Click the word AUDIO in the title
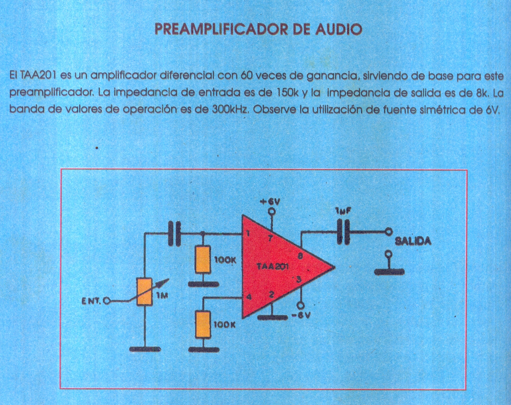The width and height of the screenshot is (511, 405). (x=338, y=30)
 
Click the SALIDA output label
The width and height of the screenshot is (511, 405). (x=413, y=241)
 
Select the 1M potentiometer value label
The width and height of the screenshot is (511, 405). (x=162, y=295)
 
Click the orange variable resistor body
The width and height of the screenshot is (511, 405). (x=145, y=292)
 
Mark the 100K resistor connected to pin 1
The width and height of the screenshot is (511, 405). (x=203, y=260)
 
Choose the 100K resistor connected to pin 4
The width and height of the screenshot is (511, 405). (x=203, y=324)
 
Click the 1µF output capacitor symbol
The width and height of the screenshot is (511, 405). (x=343, y=231)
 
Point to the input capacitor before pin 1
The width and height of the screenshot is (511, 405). (x=174, y=233)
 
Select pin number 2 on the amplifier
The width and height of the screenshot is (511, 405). (x=271, y=295)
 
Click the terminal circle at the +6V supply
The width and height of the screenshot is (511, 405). (x=272, y=211)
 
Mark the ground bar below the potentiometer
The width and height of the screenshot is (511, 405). (x=145, y=349)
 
